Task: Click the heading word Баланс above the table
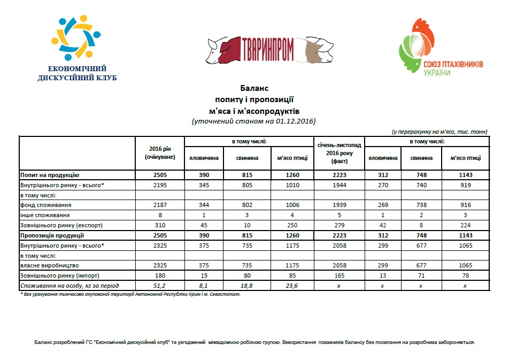(254, 87)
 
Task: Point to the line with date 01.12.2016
(254, 121)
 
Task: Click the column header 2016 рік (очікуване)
(160, 153)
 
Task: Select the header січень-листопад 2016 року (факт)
(339, 153)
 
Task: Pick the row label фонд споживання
(47, 205)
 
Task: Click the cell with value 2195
(160, 185)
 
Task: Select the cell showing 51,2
(160, 286)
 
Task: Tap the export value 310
(160, 225)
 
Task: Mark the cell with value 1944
(339, 185)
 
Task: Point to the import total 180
(160, 275)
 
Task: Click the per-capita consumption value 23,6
(292, 286)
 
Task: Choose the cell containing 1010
(292, 185)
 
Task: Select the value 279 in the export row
(339, 225)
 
